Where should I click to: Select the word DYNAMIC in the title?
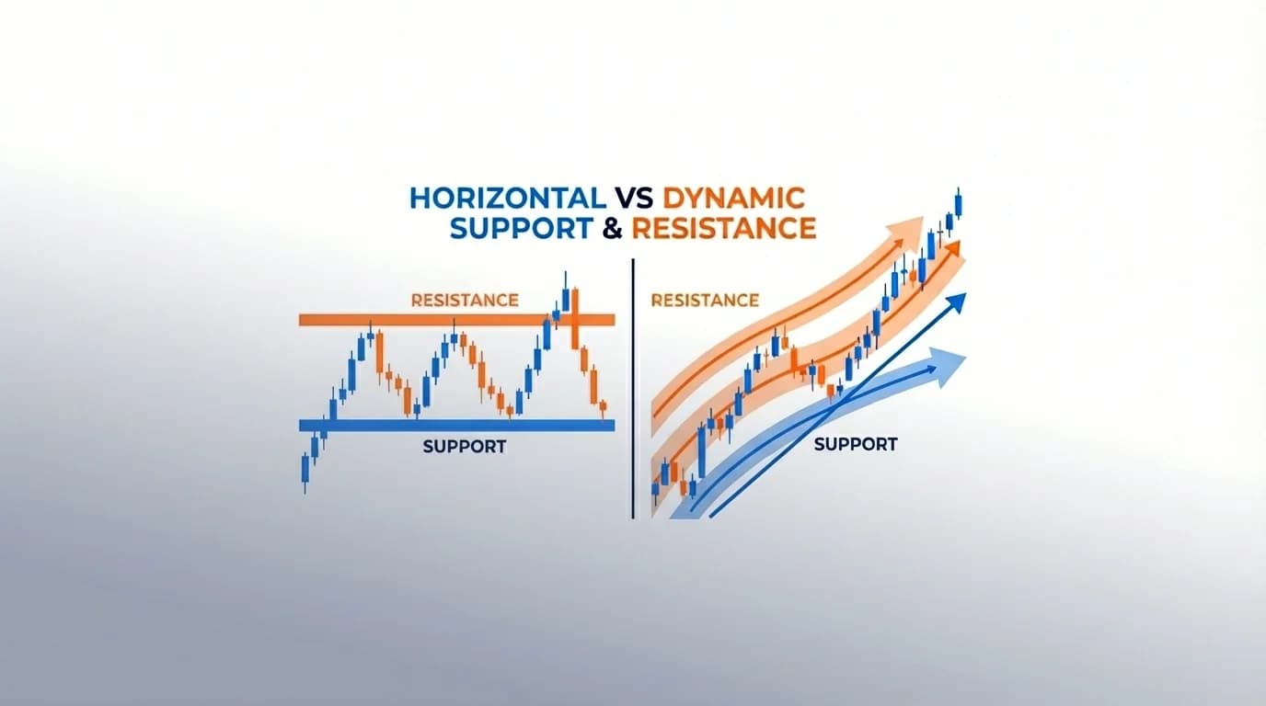point(734,199)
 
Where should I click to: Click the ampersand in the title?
point(612,228)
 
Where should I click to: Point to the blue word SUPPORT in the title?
point(521,228)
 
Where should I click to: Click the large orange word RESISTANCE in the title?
point(724,228)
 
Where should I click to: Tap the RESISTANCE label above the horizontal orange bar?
point(465,300)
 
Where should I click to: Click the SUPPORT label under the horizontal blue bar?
point(465,447)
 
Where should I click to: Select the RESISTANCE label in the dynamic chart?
point(704,300)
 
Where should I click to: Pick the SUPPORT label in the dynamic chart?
point(856,444)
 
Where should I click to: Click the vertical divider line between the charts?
point(633,386)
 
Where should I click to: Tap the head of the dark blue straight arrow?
point(959,301)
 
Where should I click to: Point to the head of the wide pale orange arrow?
point(911,226)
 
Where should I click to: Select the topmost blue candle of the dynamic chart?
point(959,203)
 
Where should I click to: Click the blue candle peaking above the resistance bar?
point(564,296)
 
